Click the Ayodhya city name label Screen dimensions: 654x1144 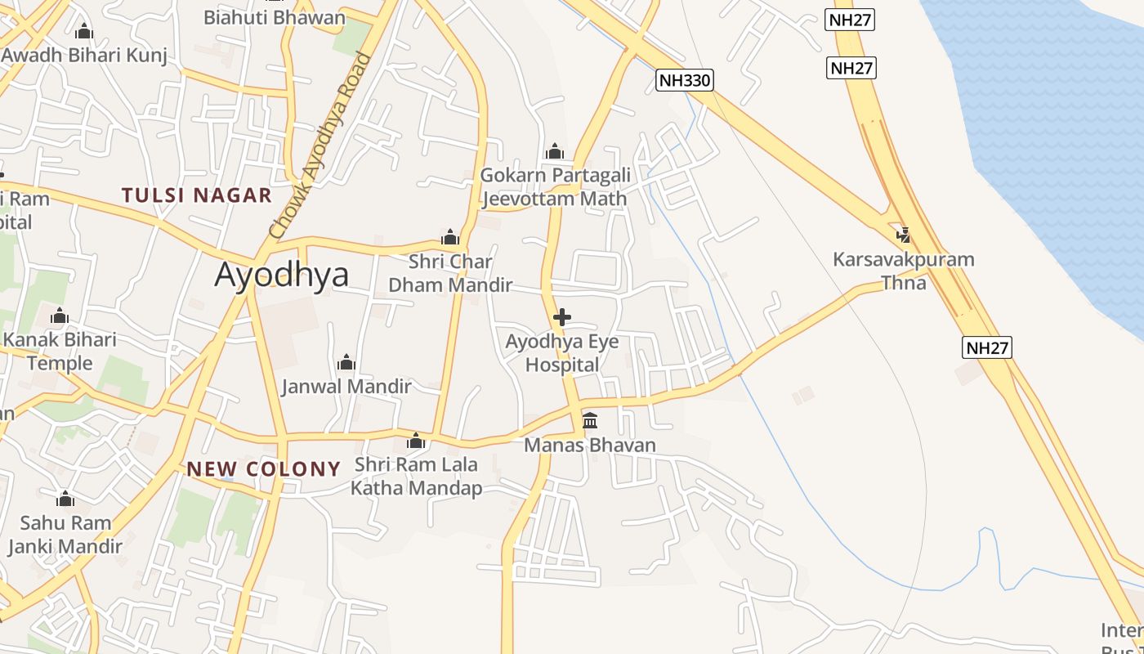click(x=281, y=275)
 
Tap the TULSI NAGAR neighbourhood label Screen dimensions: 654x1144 click(x=196, y=195)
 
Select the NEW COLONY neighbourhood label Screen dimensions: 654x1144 click(x=263, y=469)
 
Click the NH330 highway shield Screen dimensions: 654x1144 click(x=685, y=79)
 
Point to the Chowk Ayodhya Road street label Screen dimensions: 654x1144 click(x=319, y=147)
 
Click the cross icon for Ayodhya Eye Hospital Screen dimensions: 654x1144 click(x=562, y=317)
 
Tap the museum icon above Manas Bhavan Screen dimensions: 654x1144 click(x=590, y=420)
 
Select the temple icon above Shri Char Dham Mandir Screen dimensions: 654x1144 click(x=449, y=238)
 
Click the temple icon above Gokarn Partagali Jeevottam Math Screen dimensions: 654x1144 click(x=555, y=151)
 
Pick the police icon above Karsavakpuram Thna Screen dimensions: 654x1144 click(x=903, y=235)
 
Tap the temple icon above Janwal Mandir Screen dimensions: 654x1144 click(x=346, y=361)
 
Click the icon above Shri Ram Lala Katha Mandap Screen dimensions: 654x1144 click(x=416, y=441)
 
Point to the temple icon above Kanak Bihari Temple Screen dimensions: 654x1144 click(x=59, y=316)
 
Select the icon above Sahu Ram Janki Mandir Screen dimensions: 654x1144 click(x=65, y=499)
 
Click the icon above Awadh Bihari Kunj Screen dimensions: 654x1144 click(x=83, y=32)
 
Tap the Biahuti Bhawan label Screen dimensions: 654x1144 click(x=275, y=17)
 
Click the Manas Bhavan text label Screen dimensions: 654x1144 click(x=590, y=446)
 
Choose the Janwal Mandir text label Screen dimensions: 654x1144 click(x=346, y=386)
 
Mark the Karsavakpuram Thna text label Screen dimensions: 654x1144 click(x=904, y=271)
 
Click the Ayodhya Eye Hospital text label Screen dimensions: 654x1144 click(x=562, y=353)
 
